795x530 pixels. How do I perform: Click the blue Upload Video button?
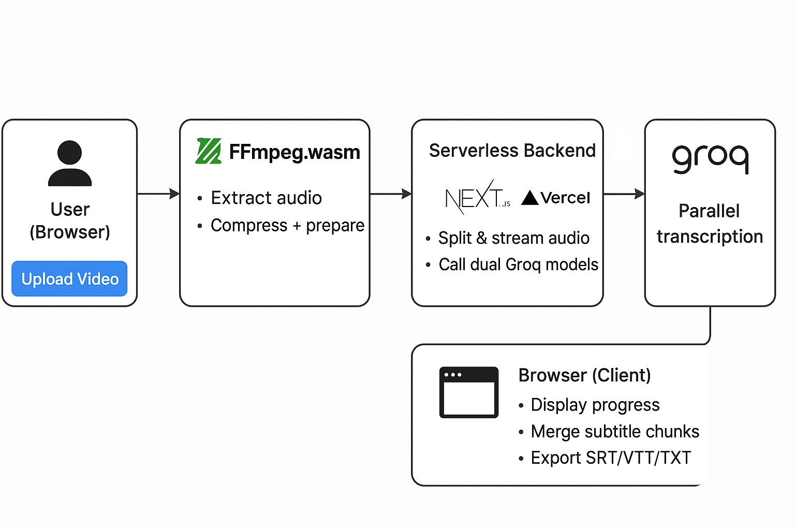coord(69,278)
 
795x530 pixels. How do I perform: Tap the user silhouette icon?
coord(70,163)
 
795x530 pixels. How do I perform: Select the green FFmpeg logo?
coord(209,151)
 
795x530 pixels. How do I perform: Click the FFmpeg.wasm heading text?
coord(295,152)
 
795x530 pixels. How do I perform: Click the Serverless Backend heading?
coord(512,151)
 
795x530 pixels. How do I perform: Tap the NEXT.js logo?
coord(478,197)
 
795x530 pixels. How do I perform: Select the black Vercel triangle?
coord(530,198)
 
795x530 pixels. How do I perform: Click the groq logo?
coord(711,159)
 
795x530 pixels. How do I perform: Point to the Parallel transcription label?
coord(710,224)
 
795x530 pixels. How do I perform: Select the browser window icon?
coord(469,392)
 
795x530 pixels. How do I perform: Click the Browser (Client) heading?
coord(584,375)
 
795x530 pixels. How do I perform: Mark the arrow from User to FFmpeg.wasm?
coord(159,194)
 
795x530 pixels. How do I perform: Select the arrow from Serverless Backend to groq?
coord(624,194)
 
